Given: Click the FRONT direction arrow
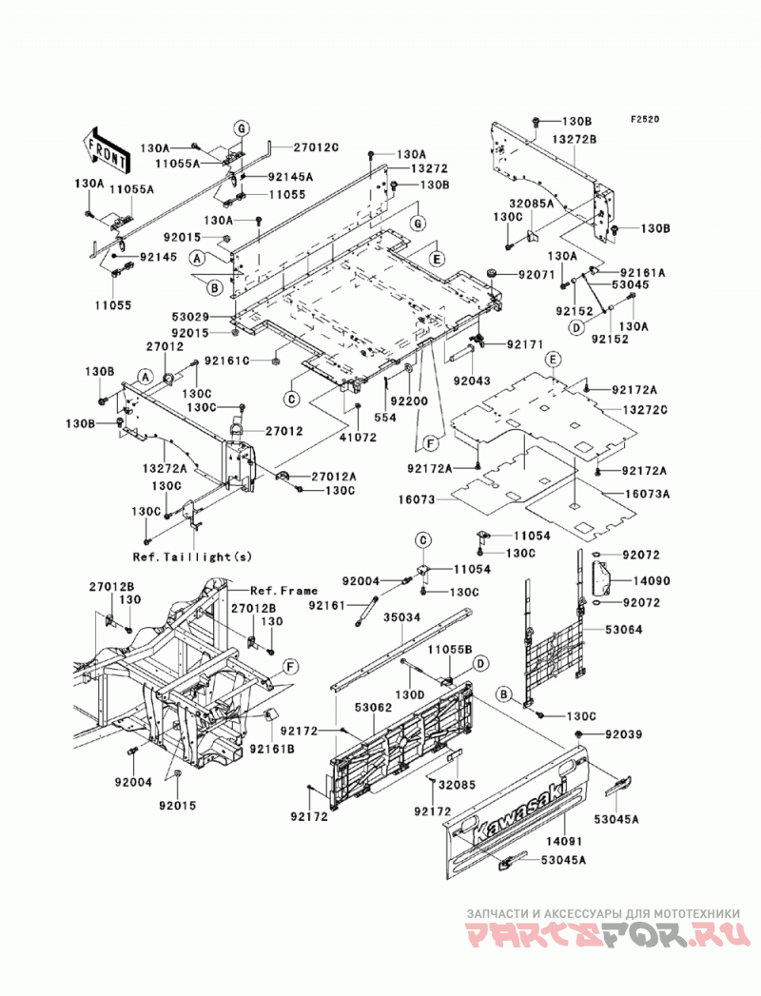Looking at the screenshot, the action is click(107, 149).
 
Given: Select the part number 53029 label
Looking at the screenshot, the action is click(192, 316).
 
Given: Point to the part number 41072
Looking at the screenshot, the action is click(357, 437).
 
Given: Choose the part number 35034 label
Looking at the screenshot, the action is click(403, 616).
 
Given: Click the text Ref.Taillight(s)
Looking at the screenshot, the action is click(192, 557).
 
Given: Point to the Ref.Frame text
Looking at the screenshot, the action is click(284, 591).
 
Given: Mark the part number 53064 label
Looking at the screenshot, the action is click(623, 630).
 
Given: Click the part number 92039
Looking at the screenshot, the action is click(623, 734).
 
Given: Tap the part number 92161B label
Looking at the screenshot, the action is click(272, 749).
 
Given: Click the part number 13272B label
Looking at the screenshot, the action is click(576, 139).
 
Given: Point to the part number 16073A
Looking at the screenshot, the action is click(646, 494).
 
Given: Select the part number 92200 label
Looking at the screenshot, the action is click(410, 401).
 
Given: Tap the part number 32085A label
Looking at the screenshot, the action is click(531, 204).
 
